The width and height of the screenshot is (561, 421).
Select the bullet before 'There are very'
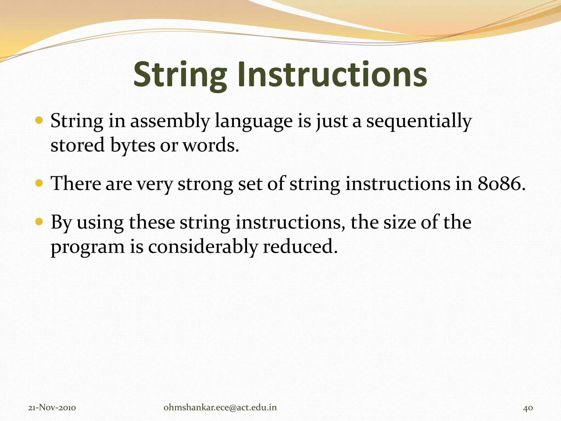39,183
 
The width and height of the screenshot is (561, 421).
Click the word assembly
170,121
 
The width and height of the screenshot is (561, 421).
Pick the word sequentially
419,121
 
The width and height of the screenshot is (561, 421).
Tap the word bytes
133,145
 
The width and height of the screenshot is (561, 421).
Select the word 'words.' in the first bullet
211,145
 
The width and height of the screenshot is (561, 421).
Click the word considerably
203,247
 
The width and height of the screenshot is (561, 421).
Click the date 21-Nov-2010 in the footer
52,408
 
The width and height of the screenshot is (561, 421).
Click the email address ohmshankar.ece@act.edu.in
220,408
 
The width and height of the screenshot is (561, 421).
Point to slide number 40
528,408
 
